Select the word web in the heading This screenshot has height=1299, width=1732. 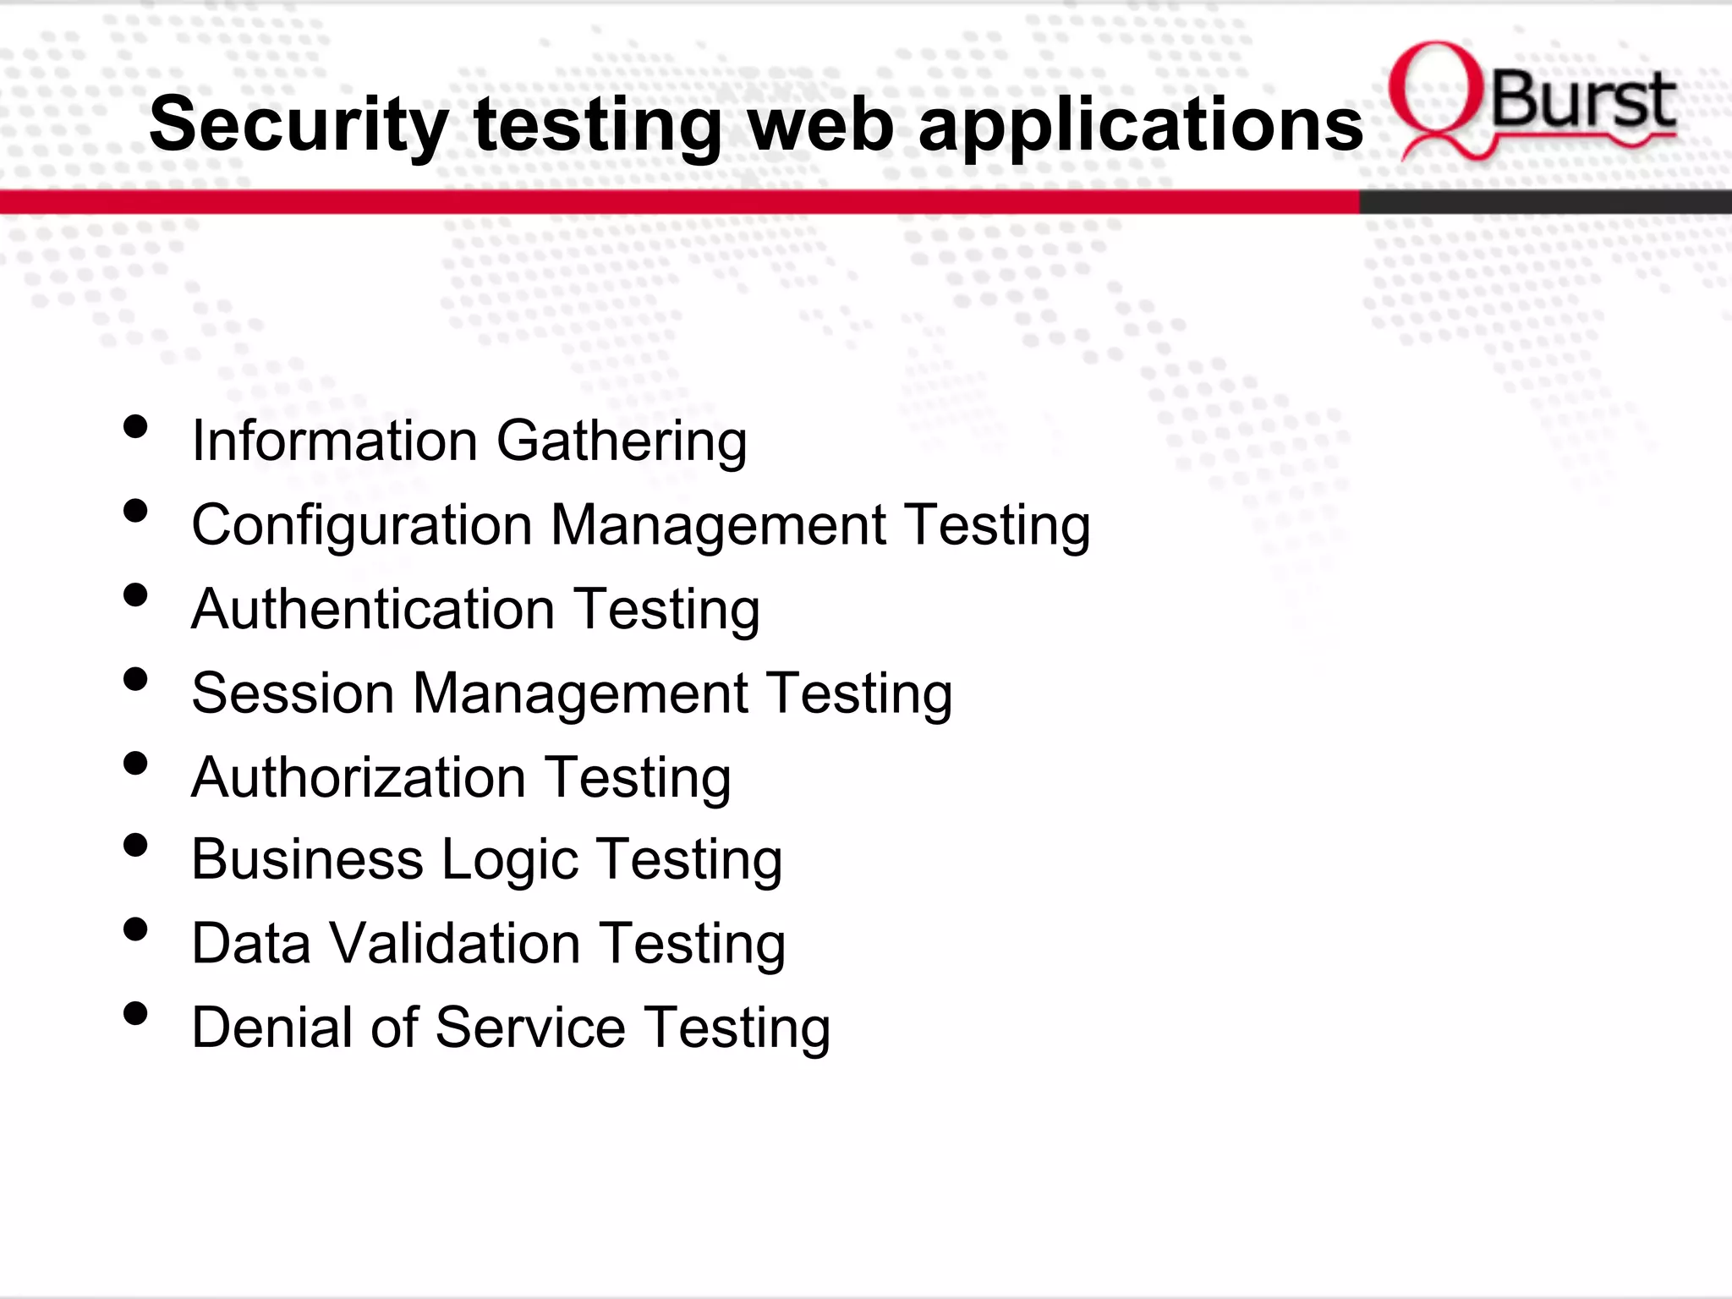click(819, 125)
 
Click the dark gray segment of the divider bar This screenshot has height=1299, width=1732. click(1544, 202)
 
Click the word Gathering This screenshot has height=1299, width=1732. click(622, 441)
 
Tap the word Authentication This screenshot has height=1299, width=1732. click(373, 610)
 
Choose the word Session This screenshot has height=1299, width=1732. click(293, 693)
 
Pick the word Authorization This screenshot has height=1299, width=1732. click(359, 777)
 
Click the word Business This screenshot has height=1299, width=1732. click(307, 859)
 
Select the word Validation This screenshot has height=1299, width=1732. click(454, 943)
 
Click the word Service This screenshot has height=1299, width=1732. click(530, 1028)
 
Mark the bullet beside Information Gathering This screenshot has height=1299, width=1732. click(135, 426)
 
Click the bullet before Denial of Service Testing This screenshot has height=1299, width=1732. click(135, 1013)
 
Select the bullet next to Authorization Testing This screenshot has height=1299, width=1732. click(135, 763)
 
